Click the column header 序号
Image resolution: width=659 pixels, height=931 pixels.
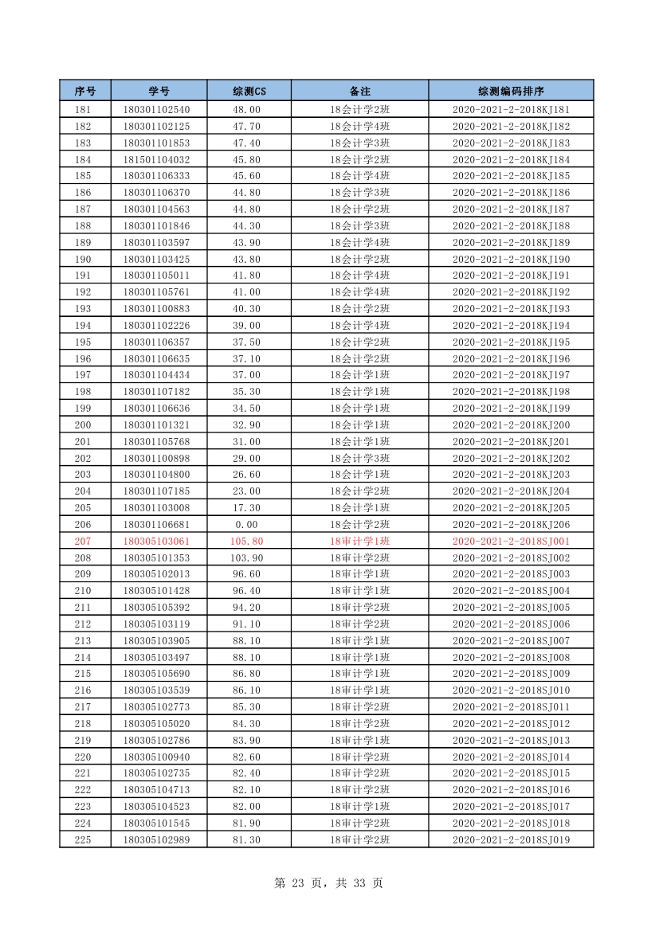point(85,91)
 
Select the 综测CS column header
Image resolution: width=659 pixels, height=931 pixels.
point(249,91)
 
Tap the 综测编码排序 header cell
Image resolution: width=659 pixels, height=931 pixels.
point(511,91)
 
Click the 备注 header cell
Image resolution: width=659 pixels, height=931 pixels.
point(360,91)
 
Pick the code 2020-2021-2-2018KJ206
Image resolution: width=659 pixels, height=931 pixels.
point(511,525)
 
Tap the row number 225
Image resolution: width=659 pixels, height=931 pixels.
point(83,840)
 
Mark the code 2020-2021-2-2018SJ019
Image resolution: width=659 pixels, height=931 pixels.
point(511,840)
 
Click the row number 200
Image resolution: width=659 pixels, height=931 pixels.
point(83,425)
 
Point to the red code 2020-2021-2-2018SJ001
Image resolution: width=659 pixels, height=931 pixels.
point(511,542)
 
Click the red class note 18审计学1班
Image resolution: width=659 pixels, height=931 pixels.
point(360,542)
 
